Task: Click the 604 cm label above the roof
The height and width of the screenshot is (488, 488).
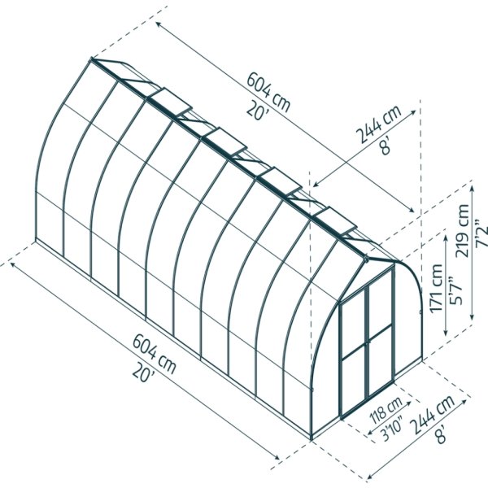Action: coord(268,93)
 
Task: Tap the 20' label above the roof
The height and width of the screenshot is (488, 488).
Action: coord(257,111)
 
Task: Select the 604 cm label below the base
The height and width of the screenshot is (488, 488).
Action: coord(155,354)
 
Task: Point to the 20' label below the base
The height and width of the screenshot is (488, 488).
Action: coord(143,373)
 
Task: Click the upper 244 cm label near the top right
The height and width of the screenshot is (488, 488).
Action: coord(378,124)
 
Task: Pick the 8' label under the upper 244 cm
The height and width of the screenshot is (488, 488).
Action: coord(386,146)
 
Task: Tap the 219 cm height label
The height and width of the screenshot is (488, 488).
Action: coord(462,231)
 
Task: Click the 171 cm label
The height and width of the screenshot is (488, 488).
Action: coord(436,288)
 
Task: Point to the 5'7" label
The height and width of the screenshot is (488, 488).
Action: coord(455,290)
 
